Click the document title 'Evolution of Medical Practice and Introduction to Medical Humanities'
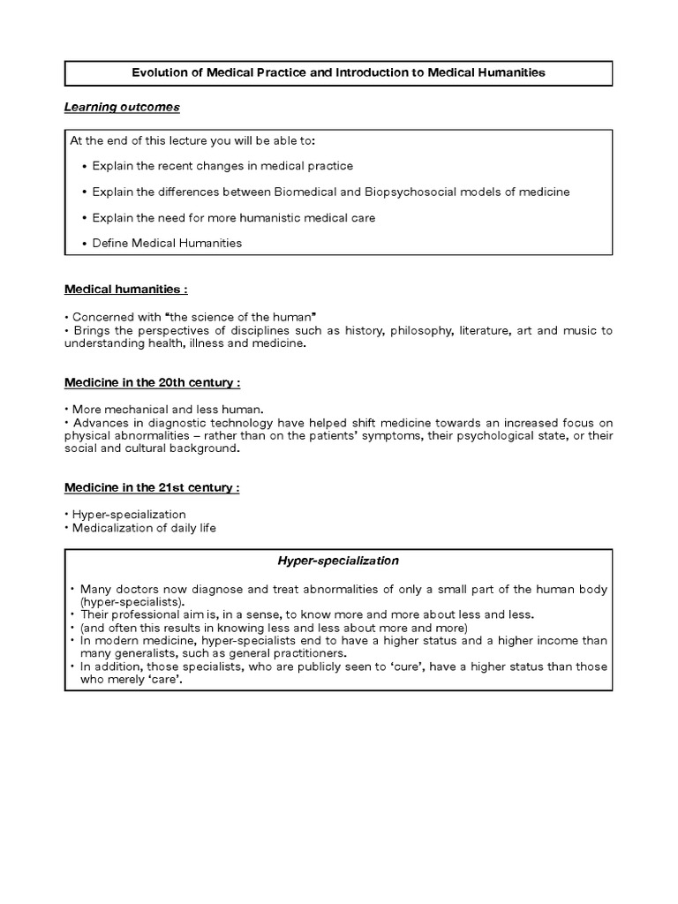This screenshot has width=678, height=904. (338, 72)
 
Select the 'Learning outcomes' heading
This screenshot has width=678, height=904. (122, 107)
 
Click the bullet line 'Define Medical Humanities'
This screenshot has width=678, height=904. (167, 243)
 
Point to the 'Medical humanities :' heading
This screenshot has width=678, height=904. (125, 289)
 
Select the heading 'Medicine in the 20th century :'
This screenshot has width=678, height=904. (152, 382)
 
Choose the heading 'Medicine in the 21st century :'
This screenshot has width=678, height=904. (152, 487)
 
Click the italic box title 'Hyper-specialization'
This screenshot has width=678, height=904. (338, 561)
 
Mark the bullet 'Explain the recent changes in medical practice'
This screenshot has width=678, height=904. (222, 166)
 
